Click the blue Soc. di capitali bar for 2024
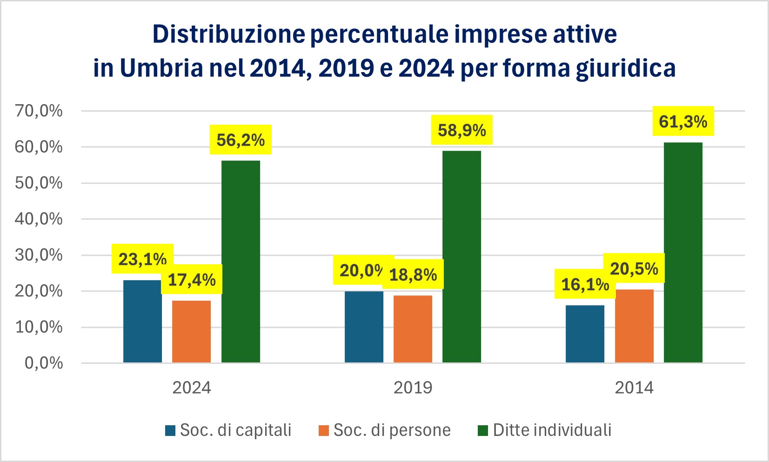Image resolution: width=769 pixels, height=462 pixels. [x=142, y=321]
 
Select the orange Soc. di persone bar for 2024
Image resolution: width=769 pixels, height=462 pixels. [x=191, y=331]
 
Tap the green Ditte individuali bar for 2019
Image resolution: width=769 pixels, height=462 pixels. [x=461, y=256]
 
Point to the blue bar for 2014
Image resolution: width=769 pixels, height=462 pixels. [x=585, y=334]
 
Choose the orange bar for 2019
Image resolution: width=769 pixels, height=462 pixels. [x=413, y=328]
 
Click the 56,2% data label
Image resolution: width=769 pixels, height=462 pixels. [x=241, y=140]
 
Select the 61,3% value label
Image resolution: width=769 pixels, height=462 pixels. [x=683, y=121]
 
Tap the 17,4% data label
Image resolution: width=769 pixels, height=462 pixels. [x=192, y=280]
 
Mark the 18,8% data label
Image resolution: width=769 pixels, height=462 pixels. [x=413, y=275]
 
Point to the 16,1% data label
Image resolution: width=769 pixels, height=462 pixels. [x=585, y=284]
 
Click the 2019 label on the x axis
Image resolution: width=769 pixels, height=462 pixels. [x=413, y=388]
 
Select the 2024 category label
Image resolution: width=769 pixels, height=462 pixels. [x=191, y=388]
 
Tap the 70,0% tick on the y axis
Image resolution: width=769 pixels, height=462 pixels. [x=39, y=111]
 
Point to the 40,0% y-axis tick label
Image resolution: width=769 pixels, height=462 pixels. [x=39, y=219]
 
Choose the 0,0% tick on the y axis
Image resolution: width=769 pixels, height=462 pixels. [x=44, y=363]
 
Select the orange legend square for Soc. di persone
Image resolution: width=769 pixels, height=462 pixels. [x=324, y=431]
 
